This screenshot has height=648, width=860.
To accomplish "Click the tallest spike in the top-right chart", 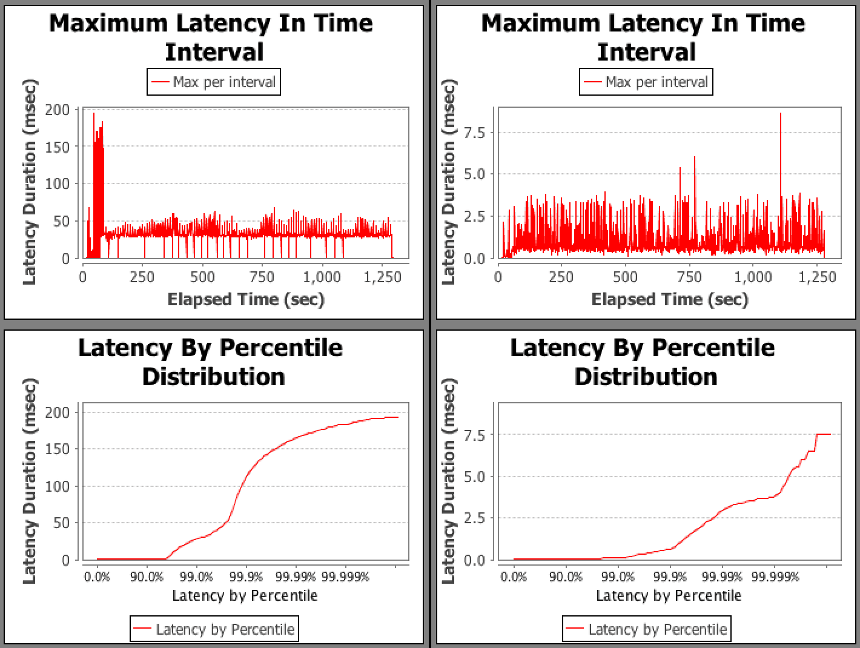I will point(780,114).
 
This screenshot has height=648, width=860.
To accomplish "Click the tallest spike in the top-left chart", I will point(93,114).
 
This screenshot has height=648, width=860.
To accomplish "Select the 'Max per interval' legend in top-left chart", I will point(214,82).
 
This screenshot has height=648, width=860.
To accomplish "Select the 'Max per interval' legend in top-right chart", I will point(646,82).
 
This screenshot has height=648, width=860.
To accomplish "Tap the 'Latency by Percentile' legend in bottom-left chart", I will point(214,629).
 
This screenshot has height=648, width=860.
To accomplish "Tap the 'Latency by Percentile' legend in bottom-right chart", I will point(647,629).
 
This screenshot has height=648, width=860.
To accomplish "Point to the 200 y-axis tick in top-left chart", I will point(62,110).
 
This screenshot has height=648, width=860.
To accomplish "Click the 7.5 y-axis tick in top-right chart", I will point(474,133).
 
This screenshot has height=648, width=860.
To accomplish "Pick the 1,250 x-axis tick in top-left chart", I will point(382,277).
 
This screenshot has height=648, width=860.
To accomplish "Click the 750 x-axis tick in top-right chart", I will point(689,277).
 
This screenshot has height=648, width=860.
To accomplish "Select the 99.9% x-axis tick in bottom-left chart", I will point(245,577).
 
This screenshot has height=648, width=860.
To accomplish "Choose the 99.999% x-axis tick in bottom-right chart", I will point(775,577).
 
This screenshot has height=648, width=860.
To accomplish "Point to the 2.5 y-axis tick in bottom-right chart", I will point(474,518).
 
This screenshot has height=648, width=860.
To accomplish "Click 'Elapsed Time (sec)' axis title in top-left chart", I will point(246,299).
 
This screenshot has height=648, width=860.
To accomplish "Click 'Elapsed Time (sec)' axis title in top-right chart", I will point(670,299).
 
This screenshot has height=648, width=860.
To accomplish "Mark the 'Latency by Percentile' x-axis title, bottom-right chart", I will point(669,596).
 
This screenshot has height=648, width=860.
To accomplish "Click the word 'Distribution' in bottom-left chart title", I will point(213,376).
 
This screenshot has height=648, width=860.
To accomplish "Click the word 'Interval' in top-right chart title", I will point(646,51).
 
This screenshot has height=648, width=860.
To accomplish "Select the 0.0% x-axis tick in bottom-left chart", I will point(98,577).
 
